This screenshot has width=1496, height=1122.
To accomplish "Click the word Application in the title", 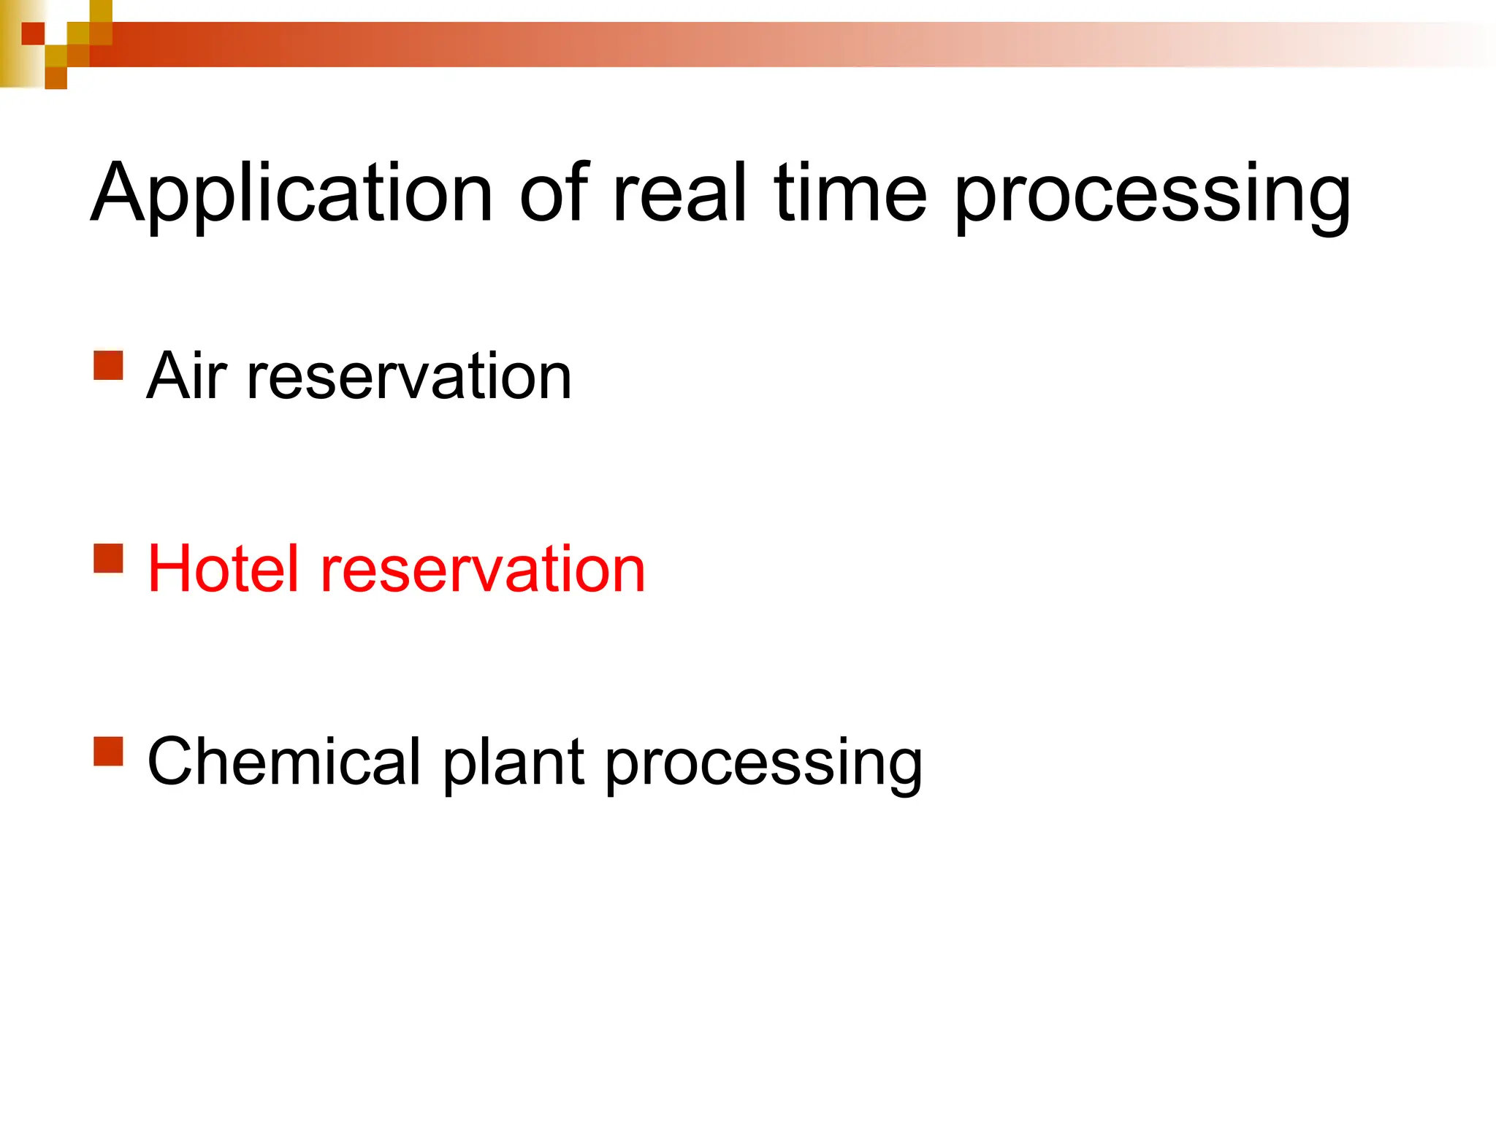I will click(x=292, y=194).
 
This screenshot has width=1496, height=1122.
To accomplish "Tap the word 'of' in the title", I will click(x=553, y=193).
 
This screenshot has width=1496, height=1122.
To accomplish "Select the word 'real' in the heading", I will click(x=680, y=193).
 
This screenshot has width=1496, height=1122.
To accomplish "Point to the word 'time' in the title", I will click(x=850, y=193).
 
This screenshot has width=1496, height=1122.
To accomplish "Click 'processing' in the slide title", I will click(x=1152, y=197).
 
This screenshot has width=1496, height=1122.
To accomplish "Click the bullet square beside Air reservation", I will click(x=108, y=365).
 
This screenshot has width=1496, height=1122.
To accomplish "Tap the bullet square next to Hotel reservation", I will click(x=108, y=558).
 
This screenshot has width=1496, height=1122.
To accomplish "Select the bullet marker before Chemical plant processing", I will click(x=108, y=751).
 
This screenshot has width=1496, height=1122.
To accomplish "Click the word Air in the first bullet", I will click(x=187, y=375).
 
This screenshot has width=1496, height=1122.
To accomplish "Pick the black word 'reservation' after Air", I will click(x=409, y=377).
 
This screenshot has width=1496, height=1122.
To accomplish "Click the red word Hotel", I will click(x=224, y=569).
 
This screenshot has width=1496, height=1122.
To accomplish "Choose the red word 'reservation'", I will click(x=483, y=570).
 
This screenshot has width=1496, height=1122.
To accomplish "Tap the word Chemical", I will click(x=285, y=762).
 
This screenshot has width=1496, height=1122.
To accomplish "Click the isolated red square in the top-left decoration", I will click(x=33, y=34).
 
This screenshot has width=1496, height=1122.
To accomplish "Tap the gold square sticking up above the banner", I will click(x=101, y=11).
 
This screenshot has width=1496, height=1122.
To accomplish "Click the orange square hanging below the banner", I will click(x=56, y=78).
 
